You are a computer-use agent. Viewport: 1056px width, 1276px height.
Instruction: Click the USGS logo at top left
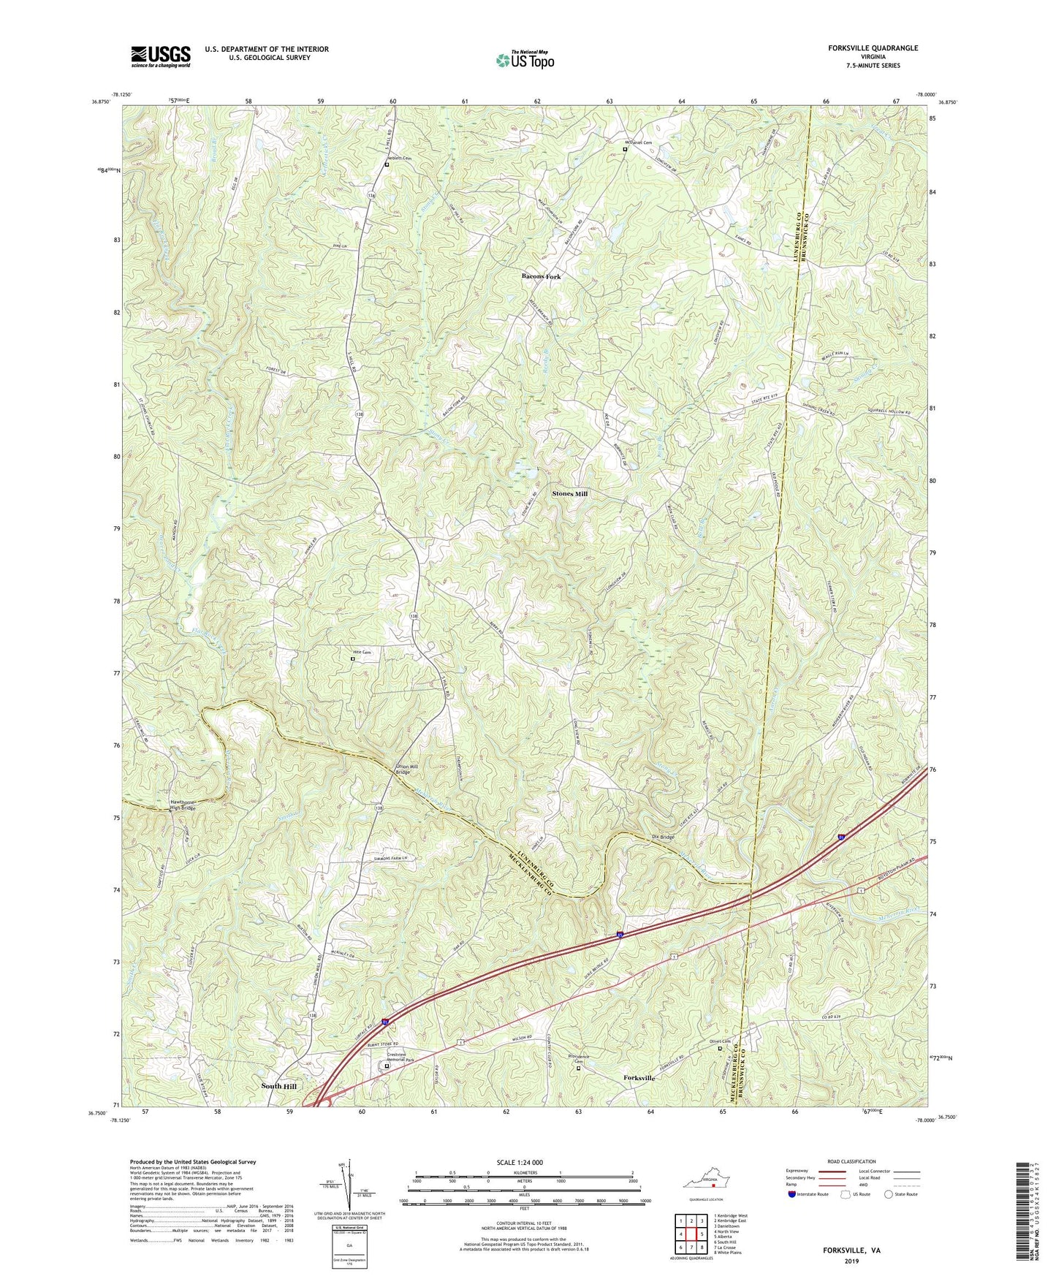pyautogui.click(x=161, y=56)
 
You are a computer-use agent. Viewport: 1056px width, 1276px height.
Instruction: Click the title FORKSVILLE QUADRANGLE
pyautogui.click(x=873, y=48)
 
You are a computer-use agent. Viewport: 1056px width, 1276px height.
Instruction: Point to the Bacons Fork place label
pyautogui.click(x=541, y=277)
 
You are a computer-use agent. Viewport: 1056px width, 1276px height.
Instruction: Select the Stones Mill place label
pyautogui.click(x=570, y=494)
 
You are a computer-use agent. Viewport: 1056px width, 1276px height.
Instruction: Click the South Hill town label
pyautogui.click(x=278, y=1086)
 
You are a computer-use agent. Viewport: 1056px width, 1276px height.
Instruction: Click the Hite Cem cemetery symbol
pyautogui.click(x=353, y=658)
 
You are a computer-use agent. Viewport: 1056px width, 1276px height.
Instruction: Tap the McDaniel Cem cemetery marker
pyautogui.click(x=624, y=149)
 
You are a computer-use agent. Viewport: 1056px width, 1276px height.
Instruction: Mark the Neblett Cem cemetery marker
pyautogui.click(x=387, y=164)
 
